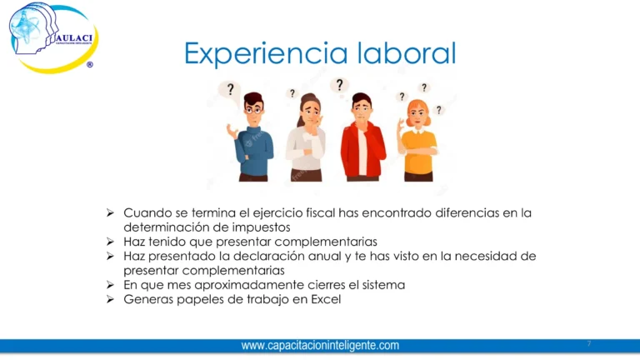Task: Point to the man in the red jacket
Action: click(x=362, y=137)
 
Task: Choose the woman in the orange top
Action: click(x=417, y=140)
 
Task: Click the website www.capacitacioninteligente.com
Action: click(x=320, y=346)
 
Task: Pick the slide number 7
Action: click(x=589, y=342)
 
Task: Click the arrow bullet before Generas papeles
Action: click(x=110, y=299)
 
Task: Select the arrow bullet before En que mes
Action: click(x=110, y=284)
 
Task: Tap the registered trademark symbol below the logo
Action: click(x=90, y=64)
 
